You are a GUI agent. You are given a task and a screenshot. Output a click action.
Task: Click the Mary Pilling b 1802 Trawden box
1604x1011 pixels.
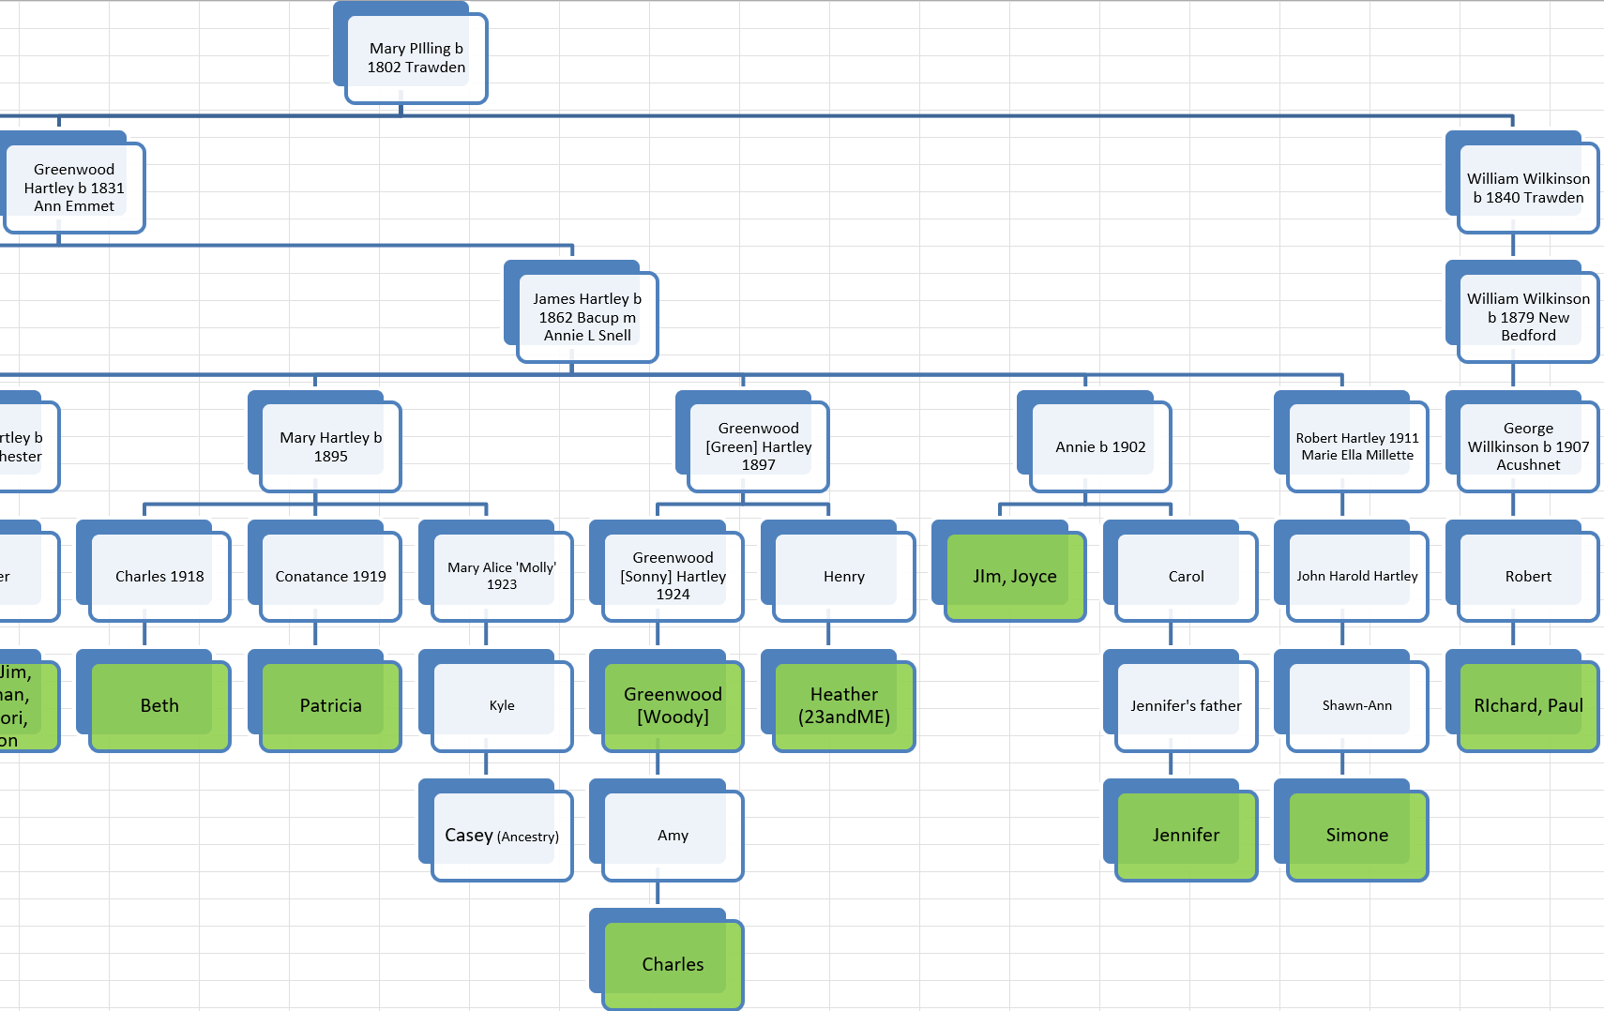tap(416, 58)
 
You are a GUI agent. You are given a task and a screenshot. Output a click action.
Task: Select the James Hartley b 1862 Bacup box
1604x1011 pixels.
tap(587, 317)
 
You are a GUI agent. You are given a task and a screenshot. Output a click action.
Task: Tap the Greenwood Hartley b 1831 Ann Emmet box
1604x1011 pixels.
tap(74, 188)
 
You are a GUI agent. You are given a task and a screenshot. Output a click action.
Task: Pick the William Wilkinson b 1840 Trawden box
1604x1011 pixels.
tap(1528, 188)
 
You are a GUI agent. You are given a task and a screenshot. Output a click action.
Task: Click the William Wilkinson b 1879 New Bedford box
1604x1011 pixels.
tap(1528, 317)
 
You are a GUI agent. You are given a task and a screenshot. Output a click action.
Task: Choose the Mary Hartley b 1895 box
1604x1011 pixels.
tap(330, 446)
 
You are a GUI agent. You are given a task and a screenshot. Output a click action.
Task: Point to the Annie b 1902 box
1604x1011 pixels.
tap(1100, 446)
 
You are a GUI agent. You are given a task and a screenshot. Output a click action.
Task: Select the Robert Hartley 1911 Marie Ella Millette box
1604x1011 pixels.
tap(1357, 446)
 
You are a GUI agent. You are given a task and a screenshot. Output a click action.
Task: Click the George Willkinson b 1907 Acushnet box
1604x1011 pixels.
tap(1528, 446)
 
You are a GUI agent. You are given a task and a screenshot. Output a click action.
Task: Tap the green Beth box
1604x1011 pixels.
tap(159, 705)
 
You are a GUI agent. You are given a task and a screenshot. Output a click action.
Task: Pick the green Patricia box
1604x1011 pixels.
tap(330, 705)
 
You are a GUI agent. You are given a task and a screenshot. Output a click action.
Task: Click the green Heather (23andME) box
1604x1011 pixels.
tap(844, 705)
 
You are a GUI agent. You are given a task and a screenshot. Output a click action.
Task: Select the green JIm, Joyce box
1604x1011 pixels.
tap(1015, 576)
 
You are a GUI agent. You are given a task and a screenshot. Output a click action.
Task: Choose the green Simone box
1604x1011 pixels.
tap(1357, 835)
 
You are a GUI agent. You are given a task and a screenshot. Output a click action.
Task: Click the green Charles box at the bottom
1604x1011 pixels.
tap(673, 964)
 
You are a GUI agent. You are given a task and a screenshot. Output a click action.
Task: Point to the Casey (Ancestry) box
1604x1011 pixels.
tap(502, 835)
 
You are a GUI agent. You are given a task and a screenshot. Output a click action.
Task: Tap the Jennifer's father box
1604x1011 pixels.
tap(1186, 705)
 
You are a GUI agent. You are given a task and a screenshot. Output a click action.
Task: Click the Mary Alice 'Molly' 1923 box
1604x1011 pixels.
tap(502, 576)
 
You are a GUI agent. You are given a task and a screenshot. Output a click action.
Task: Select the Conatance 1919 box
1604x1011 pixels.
tap(330, 576)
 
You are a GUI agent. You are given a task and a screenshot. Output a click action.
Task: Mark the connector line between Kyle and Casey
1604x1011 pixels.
tap(486, 765)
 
